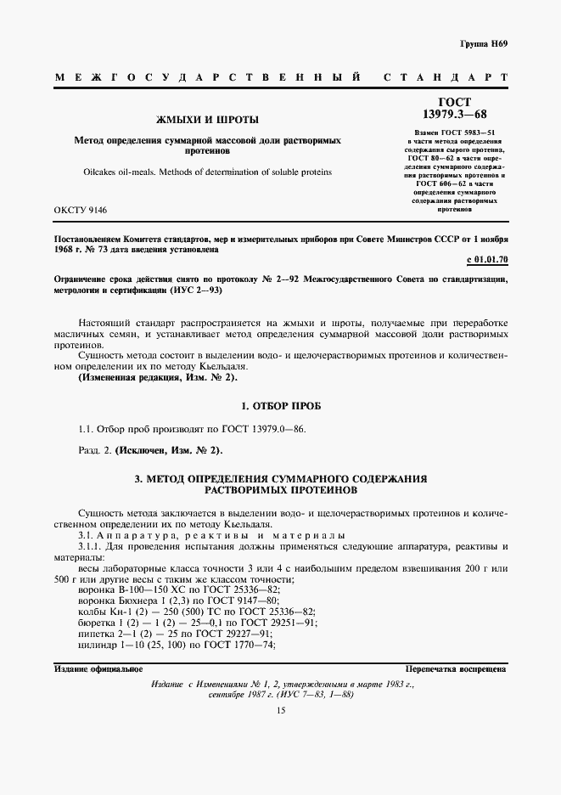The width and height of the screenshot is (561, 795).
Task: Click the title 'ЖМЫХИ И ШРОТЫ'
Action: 201,119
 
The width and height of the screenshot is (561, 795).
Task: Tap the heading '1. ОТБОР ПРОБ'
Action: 280,405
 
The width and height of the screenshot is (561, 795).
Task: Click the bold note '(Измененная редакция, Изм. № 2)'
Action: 159,375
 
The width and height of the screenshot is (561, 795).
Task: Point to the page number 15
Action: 280,711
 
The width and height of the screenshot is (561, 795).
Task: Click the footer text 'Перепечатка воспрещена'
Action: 456,668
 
